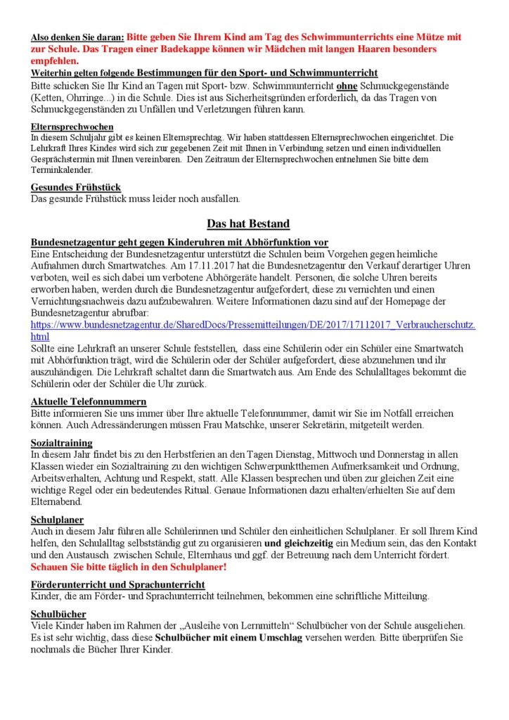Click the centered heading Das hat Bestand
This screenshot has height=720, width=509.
[248, 224]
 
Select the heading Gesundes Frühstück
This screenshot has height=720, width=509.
[76, 188]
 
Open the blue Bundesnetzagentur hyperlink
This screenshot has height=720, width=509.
[253, 325]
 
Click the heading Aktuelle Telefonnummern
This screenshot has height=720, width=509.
[89, 401]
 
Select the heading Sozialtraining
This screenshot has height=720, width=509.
[62, 444]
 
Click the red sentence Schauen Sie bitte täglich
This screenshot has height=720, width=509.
[129, 566]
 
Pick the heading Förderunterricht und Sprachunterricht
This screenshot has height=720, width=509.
[118, 585]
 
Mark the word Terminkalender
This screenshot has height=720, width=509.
[61, 169]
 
